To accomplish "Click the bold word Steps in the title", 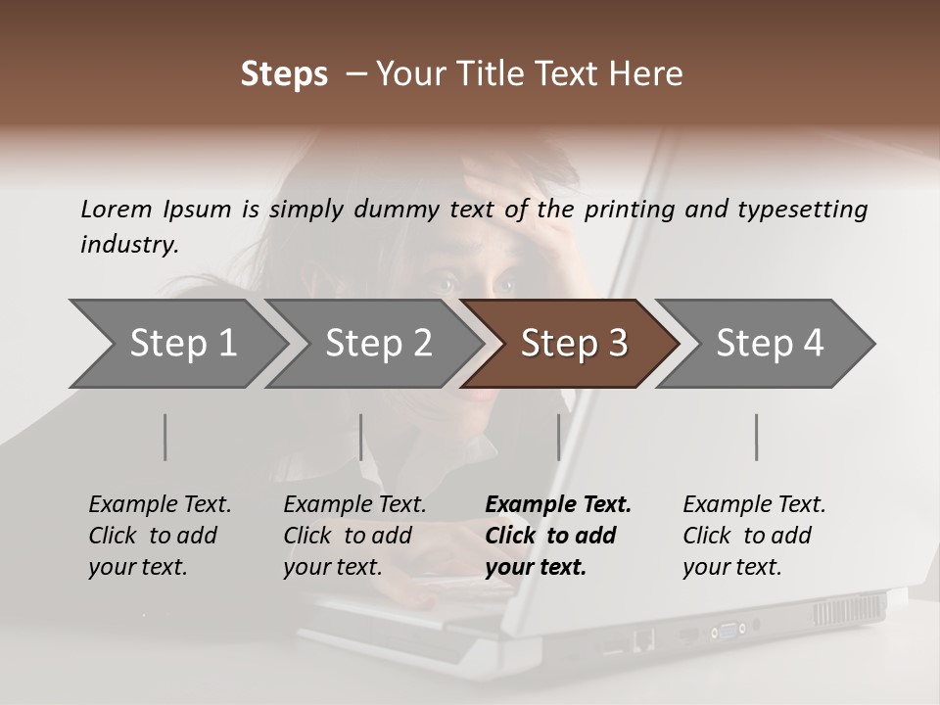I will pyautogui.click(x=284, y=74).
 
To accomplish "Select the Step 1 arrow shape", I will pyautogui.click(x=176, y=343).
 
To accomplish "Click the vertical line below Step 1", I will pyautogui.click(x=165, y=437).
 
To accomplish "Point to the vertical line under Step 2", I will pyautogui.click(x=361, y=437).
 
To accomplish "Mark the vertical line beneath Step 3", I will pyautogui.click(x=558, y=437).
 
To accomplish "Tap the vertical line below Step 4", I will pyautogui.click(x=756, y=437).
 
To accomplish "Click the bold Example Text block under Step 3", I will pyautogui.click(x=558, y=536).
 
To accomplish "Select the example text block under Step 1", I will pyautogui.click(x=160, y=536).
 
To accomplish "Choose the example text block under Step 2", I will pyautogui.click(x=354, y=536).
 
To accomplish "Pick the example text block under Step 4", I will pyautogui.click(x=754, y=536).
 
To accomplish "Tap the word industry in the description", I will pyautogui.click(x=129, y=245).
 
